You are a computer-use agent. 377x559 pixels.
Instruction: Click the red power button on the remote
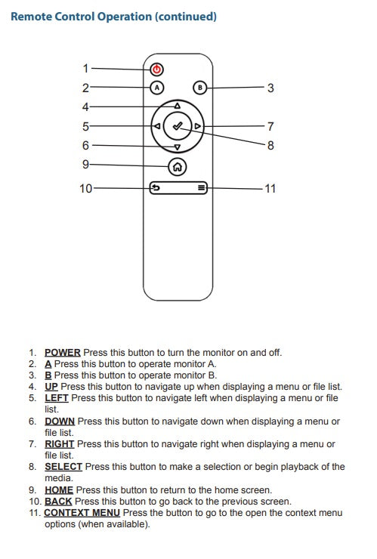pos(156,69)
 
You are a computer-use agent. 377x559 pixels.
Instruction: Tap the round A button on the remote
pos(156,88)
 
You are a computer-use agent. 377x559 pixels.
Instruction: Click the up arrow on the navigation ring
pos(177,106)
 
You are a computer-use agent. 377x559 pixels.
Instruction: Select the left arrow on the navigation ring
pos(156,126)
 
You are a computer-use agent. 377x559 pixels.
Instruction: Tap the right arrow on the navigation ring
pos(197,126)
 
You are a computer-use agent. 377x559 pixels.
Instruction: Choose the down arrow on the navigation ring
pos(177,147)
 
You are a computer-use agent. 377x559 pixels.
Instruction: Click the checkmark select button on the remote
pos(177,126)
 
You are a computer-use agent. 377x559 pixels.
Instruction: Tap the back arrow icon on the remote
pos(154,188)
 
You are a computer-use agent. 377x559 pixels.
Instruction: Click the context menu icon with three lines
pos(201,188)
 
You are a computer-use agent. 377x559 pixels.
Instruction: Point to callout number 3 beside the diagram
pos(270,88)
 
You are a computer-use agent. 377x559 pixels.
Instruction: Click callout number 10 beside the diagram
pos(85,188)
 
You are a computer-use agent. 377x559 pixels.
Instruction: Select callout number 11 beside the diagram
pos(269,188)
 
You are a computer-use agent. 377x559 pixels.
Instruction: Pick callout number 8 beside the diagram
pos(270,145)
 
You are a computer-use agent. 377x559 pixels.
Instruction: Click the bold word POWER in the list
pos(62,353)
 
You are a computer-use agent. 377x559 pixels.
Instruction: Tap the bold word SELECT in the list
pos(63,467)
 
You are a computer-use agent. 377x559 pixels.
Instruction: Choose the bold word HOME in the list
pos(59,490)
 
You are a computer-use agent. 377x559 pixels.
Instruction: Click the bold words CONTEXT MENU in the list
pos(82,513)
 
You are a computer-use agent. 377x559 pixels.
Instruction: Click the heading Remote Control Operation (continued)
pos(114,17)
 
